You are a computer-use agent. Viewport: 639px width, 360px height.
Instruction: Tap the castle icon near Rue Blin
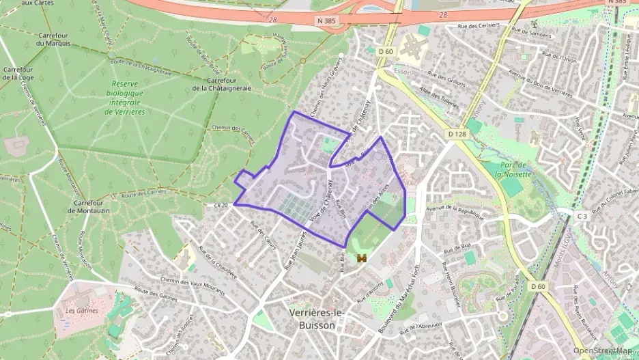(x=362, y=259)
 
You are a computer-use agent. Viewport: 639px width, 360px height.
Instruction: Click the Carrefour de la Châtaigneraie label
(x=222, y=84)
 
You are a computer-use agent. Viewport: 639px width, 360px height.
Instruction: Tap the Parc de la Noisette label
(x=513, y=169)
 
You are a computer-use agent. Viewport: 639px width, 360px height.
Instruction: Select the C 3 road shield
(x=582, y=216)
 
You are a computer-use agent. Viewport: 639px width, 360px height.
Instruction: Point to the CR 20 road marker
(x=220, y=205)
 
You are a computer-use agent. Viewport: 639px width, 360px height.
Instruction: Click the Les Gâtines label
(x=82, y=310)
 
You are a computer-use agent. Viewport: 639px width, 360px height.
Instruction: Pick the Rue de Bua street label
(x=457, y=244)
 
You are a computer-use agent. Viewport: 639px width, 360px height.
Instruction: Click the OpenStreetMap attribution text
(x=602, y=350)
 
